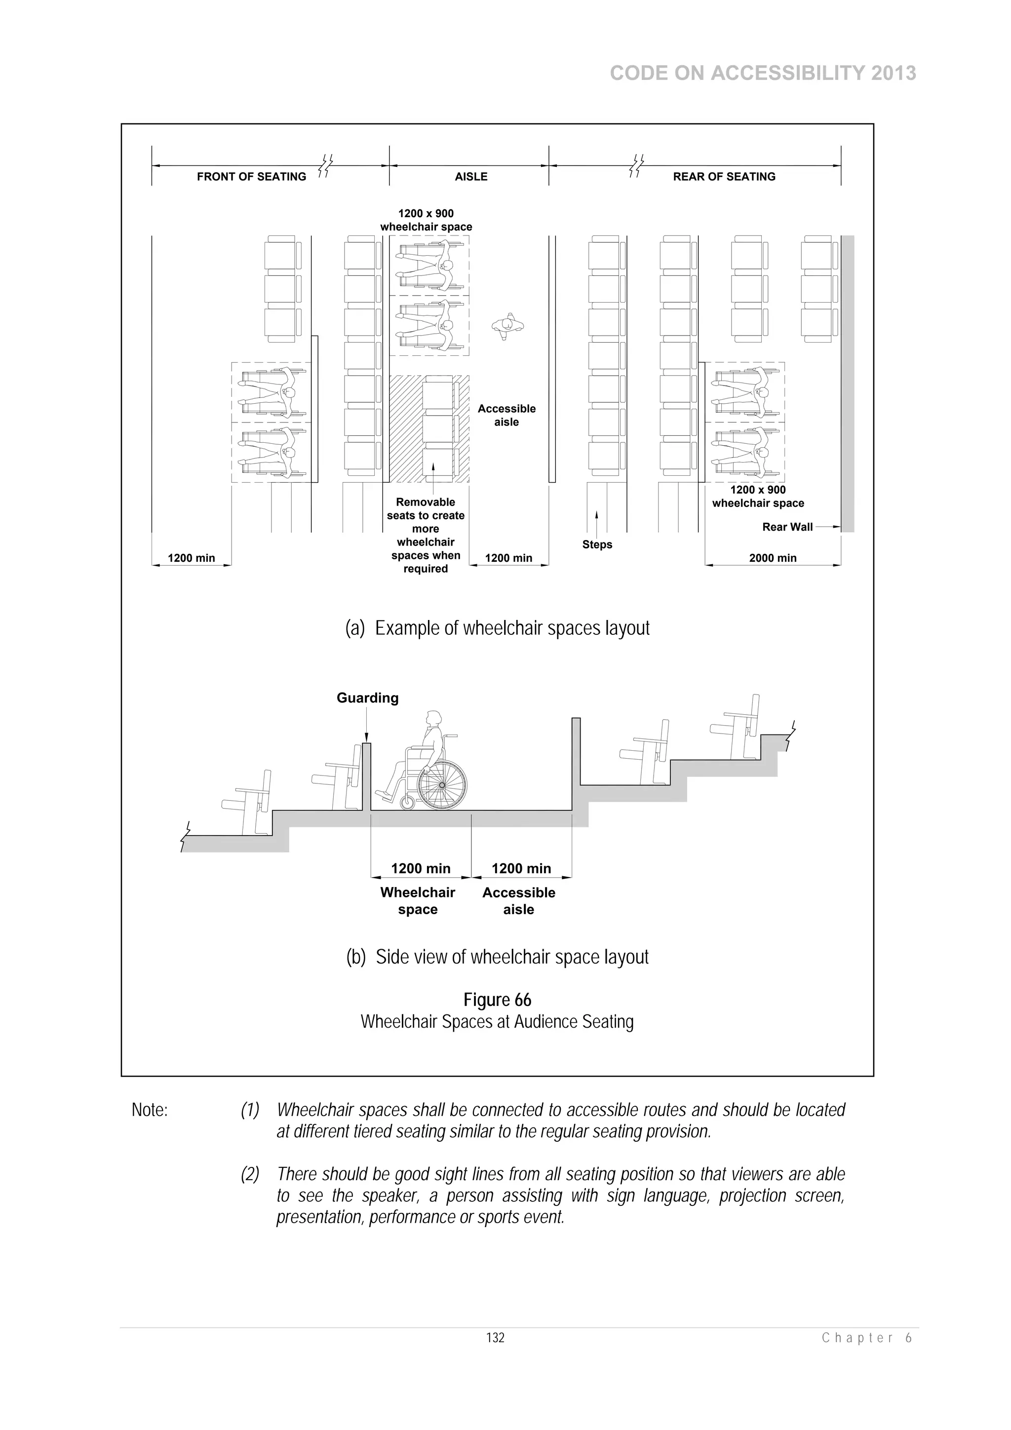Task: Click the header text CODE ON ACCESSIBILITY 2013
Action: (763, 74)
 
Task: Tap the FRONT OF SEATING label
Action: (251, 177)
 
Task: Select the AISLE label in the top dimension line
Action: (471, 177)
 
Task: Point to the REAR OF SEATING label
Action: (724, 177)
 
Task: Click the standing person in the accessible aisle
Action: (507, 325)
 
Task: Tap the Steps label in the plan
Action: (597, 544)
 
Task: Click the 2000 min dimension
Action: (773, 558)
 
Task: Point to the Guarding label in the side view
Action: (367, 698)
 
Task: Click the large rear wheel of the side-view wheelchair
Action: (442, 785)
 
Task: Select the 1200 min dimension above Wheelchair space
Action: (421, 868)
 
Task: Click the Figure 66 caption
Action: (497, 1000)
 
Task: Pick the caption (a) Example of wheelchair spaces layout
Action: (497, 628)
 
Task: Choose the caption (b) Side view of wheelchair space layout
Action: (497, 957)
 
